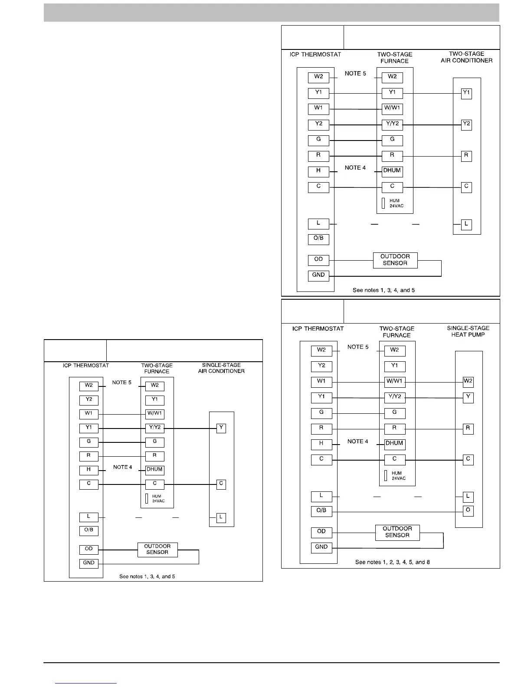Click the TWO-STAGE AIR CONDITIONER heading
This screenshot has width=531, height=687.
coord(466,57)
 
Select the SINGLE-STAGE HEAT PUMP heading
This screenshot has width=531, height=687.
coord(468,331)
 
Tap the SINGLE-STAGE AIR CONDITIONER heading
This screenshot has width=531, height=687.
coord(221,368)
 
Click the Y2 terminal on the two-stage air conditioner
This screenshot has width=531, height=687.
coord(466,124)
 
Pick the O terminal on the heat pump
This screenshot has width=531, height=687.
coord(468,510)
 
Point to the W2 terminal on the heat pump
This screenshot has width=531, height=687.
coord(468,382)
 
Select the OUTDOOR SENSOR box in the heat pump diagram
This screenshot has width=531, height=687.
coord(397,532)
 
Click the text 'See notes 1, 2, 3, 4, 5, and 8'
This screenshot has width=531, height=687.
coord(393,562)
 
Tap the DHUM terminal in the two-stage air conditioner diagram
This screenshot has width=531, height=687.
coord(392,171)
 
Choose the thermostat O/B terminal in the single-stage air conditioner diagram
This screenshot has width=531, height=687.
coord(89,530)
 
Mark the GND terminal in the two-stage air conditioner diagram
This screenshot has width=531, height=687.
coord(318,275)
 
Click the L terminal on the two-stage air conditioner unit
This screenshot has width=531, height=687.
coord(466,224)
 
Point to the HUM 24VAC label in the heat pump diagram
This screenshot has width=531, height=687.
coord(397,476)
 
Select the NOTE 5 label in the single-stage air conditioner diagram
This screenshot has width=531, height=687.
coord(122,383)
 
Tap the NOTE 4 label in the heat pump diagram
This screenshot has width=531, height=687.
coord(358,442)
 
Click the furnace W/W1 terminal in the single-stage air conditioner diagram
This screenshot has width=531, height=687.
coord(155,414)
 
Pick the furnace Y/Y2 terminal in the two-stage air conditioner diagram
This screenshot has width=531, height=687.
coord(392,124)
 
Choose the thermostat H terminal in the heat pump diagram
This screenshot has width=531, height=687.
coord(321,444)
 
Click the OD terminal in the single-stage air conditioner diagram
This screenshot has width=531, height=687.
coord(89,549)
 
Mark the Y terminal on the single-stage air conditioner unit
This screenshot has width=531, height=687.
coord(221,428)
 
